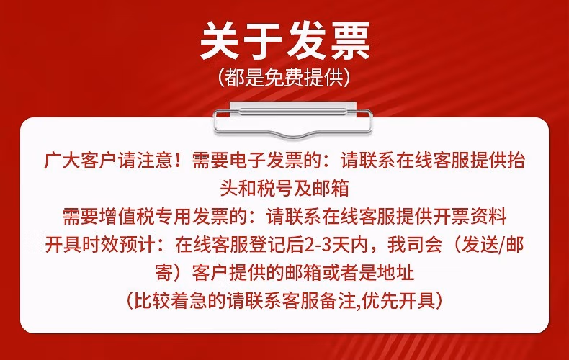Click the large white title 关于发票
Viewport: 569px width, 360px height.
pyautogui.click(x=285, y=40)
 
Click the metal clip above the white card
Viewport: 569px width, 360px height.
pyautogui.click(x=293, y=120)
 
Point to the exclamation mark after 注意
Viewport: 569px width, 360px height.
pyautogui.click(x=177, y=161)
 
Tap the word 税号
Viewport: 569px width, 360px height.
pyautogui.click(x=275, y=189)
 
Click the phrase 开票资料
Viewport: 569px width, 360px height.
pyautogui.click(x=470, y=216)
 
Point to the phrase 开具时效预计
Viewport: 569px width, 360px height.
pyautogui.click(x=101, y=245)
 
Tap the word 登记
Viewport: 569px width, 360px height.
pyautogui.click(x=267, y=245)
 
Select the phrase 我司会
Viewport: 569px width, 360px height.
pyautogui.click(x=415, y=245)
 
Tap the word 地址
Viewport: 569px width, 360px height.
pyautogui.click(x=396, y=273)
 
